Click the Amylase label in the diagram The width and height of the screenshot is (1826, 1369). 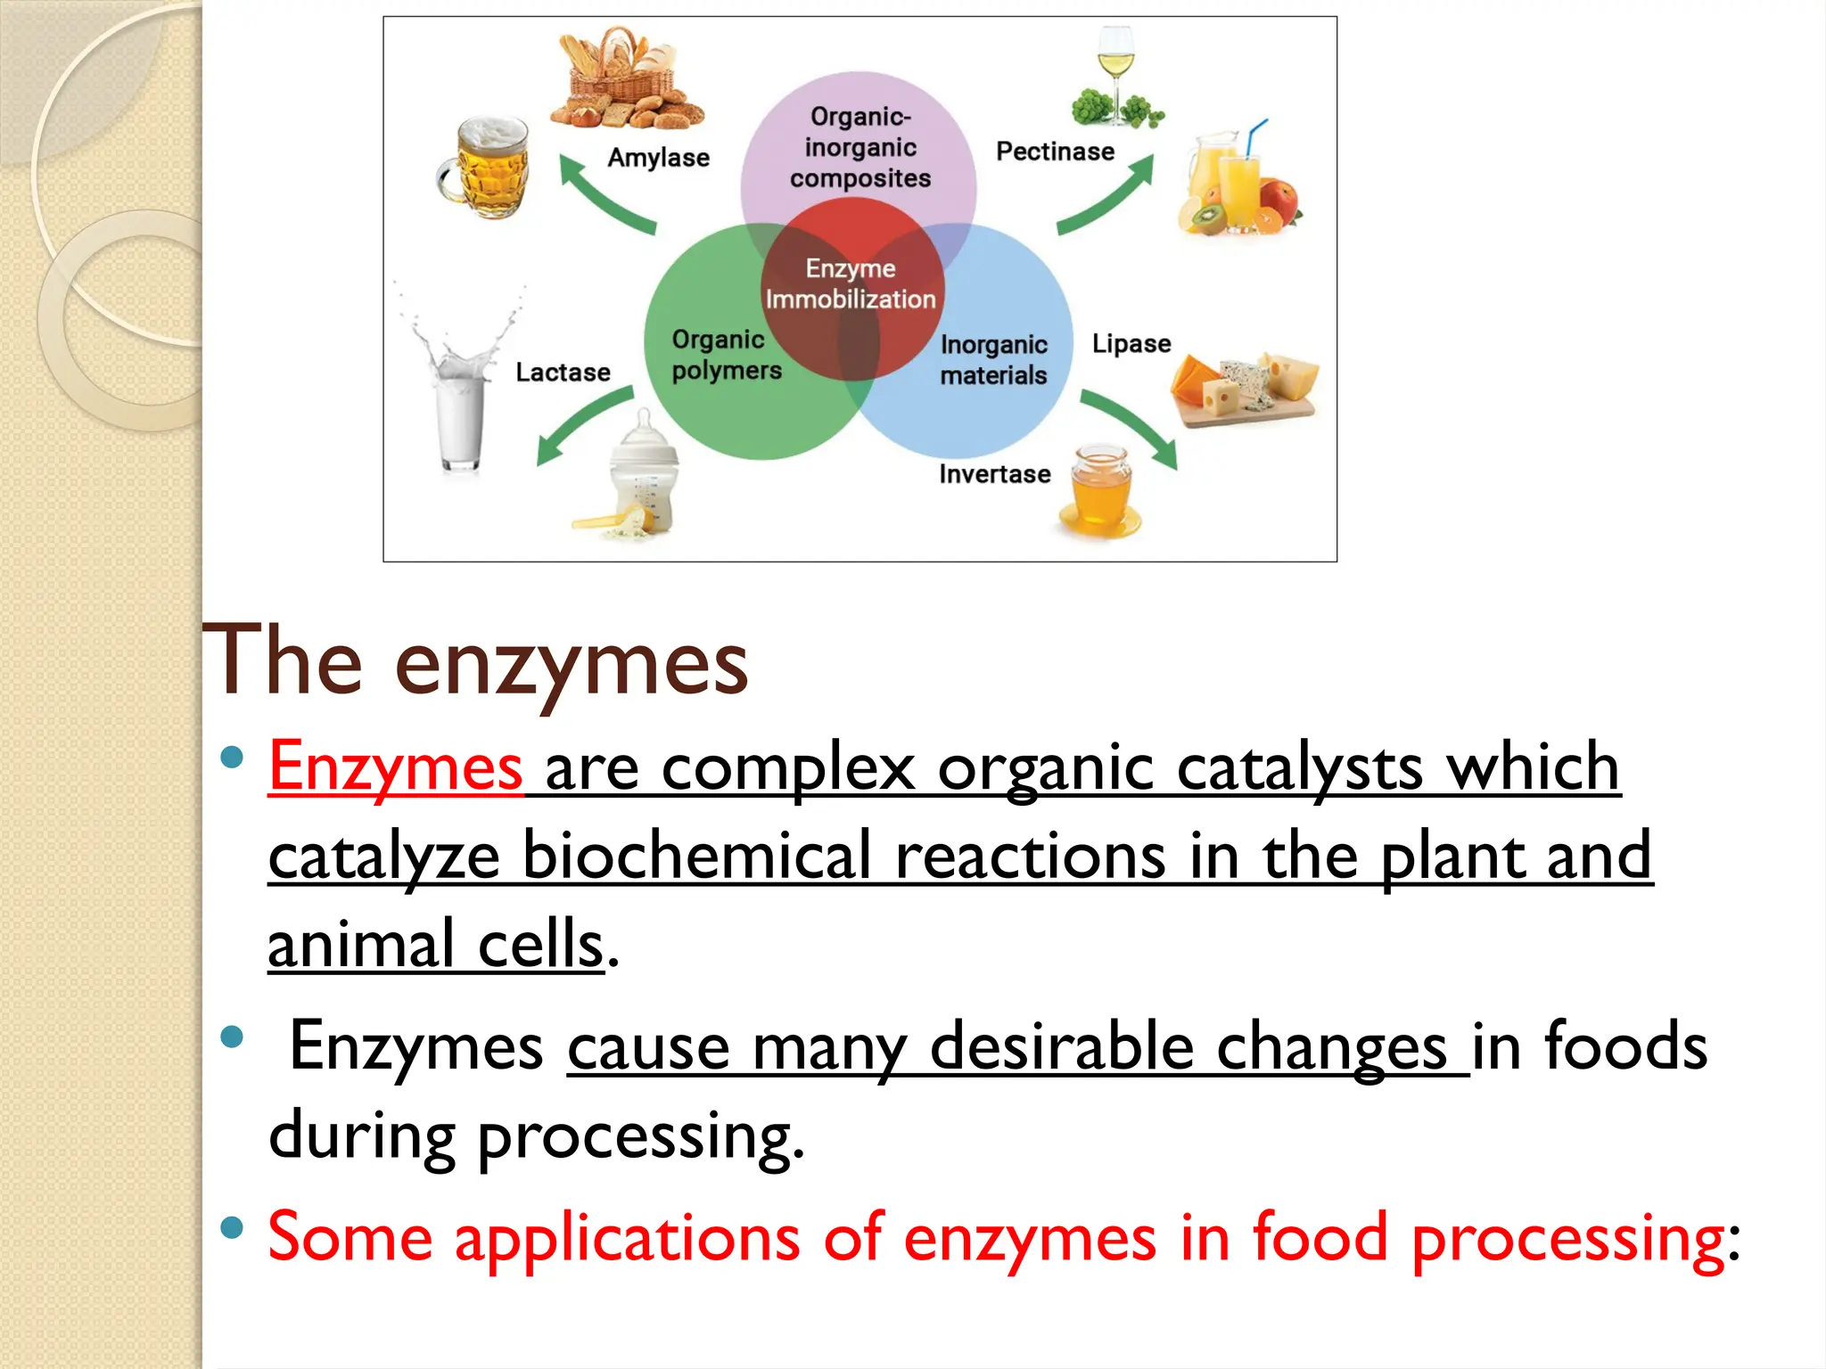tap(658, 158)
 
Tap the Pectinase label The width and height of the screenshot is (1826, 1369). tap(1055, 152)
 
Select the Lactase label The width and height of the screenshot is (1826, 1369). tap(563, 372)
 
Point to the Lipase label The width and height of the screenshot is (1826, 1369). tap(1131, 343)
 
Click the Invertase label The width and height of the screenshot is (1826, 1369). tap(994, 473)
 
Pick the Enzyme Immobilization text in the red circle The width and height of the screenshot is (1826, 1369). tap(851, 283)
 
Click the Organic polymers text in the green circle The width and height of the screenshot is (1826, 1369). tap(726, 355)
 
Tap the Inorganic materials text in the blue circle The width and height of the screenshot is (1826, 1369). tap(993, 359)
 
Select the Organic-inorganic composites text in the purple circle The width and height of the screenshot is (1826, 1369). tap(860, 148)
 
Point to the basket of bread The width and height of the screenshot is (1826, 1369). tap(626, 82)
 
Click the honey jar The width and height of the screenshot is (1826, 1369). tap(1100, 493)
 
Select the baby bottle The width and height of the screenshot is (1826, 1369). tap(642, 472)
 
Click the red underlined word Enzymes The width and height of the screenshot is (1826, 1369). tap(395, 766)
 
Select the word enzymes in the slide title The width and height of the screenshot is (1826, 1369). tap(571, 664)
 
